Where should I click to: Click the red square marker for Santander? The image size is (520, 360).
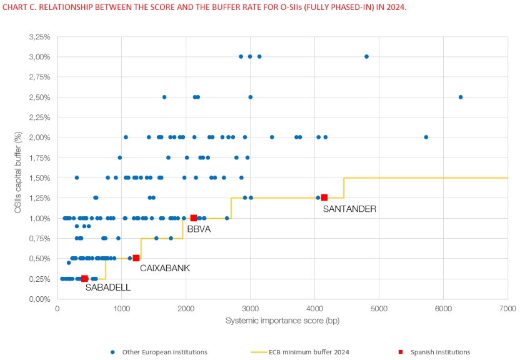[324, 197]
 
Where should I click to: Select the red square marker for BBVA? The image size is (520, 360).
[194, 218]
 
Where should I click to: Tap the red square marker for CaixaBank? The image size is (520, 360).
[136, 258]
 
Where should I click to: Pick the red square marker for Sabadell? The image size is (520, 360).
[84, 279]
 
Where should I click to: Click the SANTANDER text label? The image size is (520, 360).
[349, 209]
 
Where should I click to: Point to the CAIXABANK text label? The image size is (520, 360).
[164, 268]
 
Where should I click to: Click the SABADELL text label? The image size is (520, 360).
[108, 287]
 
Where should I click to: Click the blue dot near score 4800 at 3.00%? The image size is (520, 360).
[366, 56]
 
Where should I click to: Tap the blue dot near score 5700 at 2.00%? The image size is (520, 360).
[426, 137]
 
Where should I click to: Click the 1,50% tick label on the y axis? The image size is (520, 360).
[39, 178]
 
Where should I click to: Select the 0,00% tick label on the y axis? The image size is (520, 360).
[39, 299]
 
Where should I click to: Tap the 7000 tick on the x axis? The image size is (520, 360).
[507, 308]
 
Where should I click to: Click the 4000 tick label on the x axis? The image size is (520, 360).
[314, 308]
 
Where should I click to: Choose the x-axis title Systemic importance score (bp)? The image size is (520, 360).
[282, 320]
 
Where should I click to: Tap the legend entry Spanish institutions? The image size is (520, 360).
[439, 352]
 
